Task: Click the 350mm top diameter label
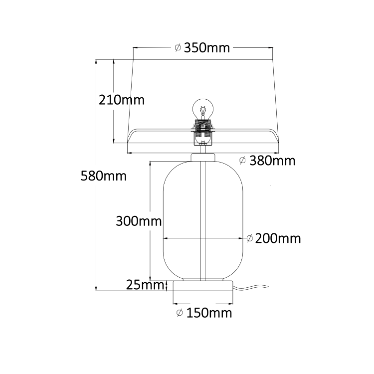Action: (x=206, y=48)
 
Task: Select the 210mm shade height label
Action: (x=122, y=100)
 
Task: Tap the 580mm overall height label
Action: (x=104, y=176)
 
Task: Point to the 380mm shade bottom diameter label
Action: (x=272, y=161)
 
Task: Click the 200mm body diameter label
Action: (x=278, y=238)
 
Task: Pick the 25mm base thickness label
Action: (x=145, y=285)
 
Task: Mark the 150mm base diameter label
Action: (x=209, y=313)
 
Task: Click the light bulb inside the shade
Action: (x=202, y=109)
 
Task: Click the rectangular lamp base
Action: (x=203, y=286)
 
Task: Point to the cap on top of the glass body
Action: (x=203, y=157)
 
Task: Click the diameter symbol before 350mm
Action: (x=178, y=48)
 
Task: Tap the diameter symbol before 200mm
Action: (x=249, y=238)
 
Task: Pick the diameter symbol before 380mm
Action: (x=243, y=161)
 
